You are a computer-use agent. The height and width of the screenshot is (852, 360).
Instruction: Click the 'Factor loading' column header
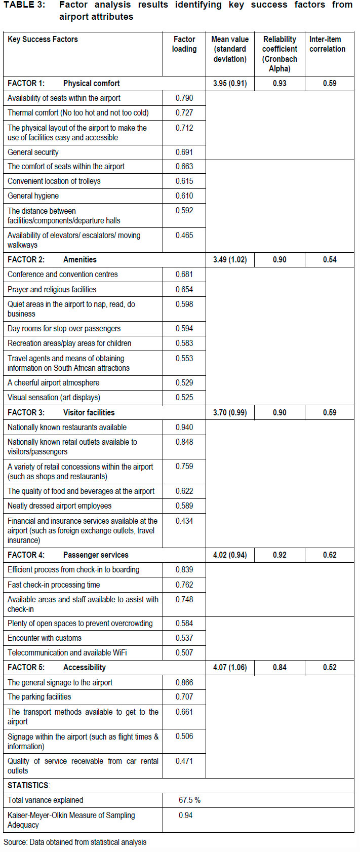click(184, 44)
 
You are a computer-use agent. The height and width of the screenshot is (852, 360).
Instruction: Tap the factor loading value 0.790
click(184, 98)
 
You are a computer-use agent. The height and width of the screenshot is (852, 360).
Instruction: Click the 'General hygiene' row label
click(33, 196)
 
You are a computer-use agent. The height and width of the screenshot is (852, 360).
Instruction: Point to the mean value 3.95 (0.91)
click(230, 83)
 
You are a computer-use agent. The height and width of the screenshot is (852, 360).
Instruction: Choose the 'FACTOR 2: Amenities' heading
click(52, 259)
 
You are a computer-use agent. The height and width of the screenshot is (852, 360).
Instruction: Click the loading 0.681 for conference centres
click(184, 274)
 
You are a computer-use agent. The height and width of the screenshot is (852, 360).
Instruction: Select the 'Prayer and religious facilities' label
click(52, 289)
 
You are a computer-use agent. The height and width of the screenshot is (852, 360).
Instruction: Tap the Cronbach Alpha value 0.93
click(279, 83)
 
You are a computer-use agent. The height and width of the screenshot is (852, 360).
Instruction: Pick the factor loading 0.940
click(184, 427)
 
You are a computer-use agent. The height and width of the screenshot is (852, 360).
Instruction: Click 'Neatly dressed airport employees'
click(60, 506)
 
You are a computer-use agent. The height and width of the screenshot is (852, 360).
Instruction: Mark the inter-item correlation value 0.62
click(330, 555)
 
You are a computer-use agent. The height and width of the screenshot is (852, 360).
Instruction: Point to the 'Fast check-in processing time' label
click(54, 585)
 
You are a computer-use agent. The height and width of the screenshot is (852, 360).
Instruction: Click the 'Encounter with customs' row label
click(45, 638)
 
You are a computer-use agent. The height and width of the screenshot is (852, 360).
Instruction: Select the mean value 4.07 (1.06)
click(230, 667)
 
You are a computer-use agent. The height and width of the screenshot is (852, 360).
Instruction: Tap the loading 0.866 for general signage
click(184, 682)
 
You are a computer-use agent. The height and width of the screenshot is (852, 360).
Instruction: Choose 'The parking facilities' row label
click(39, 696)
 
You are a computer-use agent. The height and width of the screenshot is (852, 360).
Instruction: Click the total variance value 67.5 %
click(189, 800)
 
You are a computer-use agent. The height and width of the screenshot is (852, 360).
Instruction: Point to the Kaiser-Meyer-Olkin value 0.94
click(185, 815)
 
